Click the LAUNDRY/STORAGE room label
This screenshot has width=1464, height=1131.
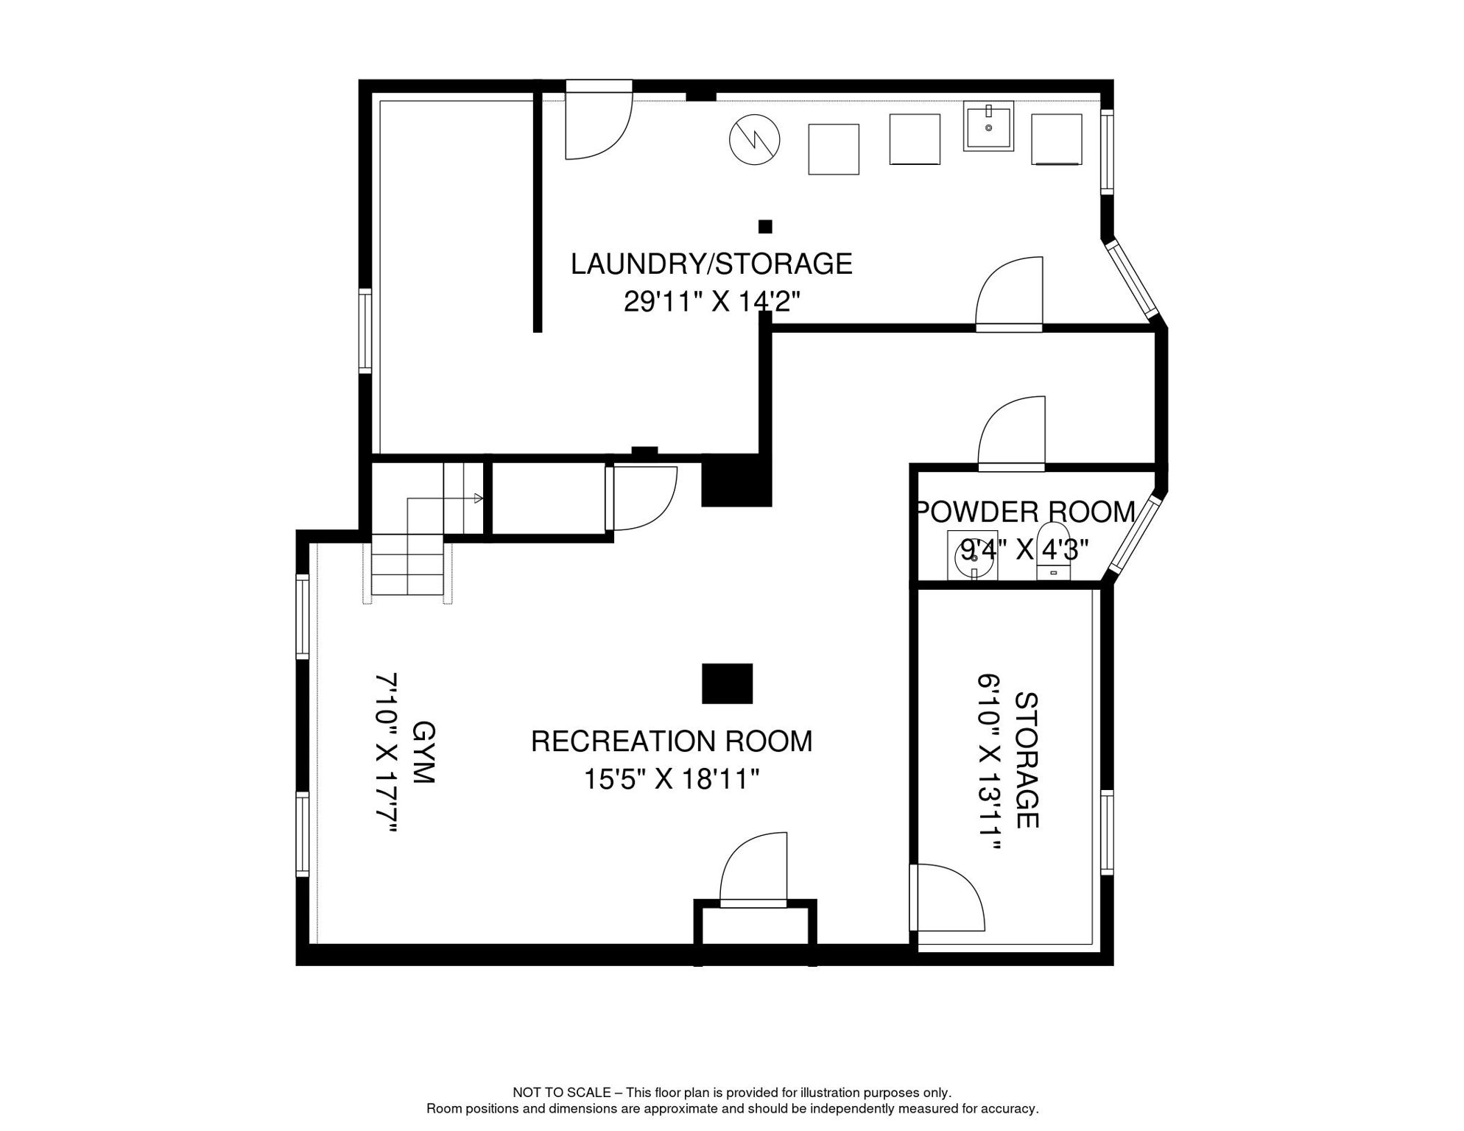pos(711,264)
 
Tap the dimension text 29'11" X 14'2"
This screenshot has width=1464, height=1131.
pos(711,301)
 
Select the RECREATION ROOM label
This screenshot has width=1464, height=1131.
pos(671,741)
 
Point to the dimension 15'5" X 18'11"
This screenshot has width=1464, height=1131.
pos(671,778)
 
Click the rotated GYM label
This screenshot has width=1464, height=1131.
pos(423,753)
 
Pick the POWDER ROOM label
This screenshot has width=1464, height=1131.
pos(1024,512)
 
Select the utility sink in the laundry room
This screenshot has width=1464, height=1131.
pos(988,126)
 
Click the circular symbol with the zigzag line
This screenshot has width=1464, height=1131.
pos(754,139)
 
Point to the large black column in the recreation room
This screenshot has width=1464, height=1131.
pos(727,683)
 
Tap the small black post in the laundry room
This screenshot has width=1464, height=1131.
pos(765,226)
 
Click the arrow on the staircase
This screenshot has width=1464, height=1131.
pos(477,498)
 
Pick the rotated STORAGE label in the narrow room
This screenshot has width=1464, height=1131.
pos(1026,760)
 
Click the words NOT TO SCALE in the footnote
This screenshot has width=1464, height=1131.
pos(561,1092)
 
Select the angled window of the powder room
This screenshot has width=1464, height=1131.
pos(1135,535)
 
